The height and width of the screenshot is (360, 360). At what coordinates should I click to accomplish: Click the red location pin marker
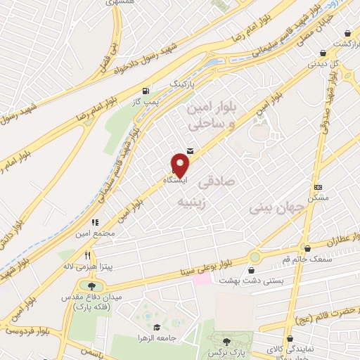pos(181,166)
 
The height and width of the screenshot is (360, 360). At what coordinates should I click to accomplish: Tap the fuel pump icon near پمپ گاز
pos(146,91)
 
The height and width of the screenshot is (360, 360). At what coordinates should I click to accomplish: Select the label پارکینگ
pos(184,84)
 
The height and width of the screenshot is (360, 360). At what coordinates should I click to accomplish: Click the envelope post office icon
pos(191,150)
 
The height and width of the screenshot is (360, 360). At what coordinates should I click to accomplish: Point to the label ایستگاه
pos(174,181)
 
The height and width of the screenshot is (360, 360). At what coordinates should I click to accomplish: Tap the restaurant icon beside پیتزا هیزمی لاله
pos(87,257)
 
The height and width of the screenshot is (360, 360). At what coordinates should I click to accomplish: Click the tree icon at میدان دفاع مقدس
pos(91,285)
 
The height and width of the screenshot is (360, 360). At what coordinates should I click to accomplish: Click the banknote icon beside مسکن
pos(318,187)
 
